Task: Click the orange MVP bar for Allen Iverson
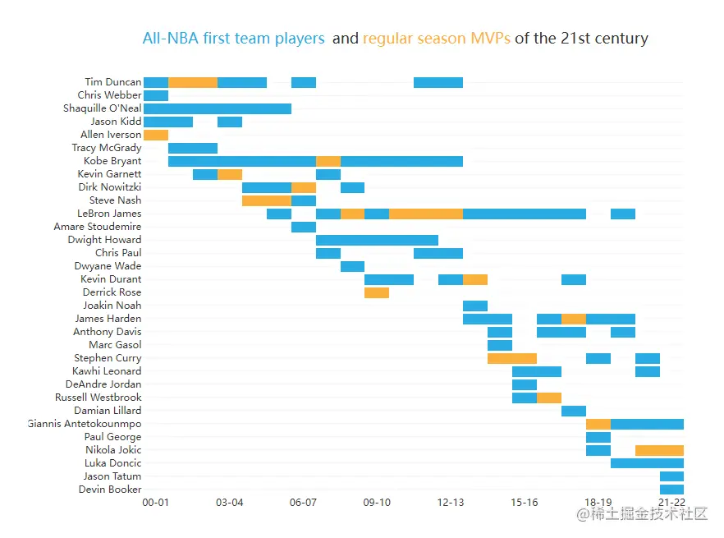[156, 135]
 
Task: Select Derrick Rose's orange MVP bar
[377, 292]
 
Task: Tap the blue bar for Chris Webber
[156, 95]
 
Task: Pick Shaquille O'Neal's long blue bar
[218, 108]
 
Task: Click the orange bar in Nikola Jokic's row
[659, 450]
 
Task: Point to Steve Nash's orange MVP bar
[267, 200]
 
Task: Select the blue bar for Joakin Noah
[475, 306]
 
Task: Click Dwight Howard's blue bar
[377, 240]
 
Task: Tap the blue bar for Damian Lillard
[574, 411]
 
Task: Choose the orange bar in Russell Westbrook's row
[549, 398]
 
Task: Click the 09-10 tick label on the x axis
[377, 502]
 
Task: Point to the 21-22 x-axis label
[671, 502]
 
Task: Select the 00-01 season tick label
[156, 502]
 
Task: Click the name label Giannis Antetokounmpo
[85, 424]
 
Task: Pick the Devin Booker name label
[110, 490]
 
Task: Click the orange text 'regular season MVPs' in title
[437, 39]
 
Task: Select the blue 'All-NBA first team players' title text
[234, 39]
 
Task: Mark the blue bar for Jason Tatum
[671, 476]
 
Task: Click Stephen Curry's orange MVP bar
[512, 358]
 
